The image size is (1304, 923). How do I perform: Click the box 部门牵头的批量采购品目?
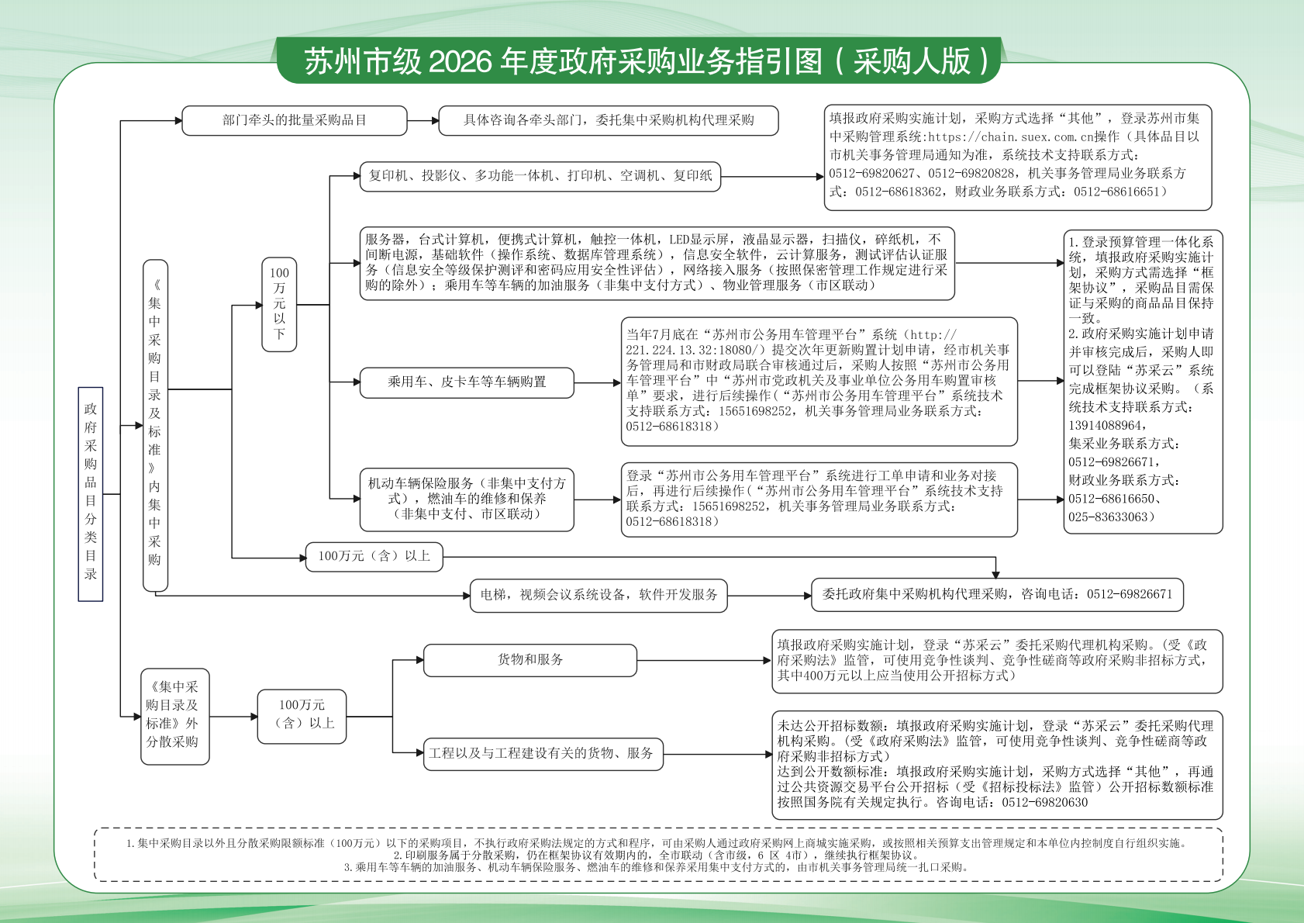295,120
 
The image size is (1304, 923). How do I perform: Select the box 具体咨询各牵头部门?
609,120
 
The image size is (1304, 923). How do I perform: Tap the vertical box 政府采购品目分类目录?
91,493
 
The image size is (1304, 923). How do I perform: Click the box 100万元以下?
279,304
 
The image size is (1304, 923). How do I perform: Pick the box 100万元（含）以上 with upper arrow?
374,556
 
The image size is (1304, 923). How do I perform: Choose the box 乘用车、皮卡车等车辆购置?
467,382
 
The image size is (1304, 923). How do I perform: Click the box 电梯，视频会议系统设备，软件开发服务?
599,595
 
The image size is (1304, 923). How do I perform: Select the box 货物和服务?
530,660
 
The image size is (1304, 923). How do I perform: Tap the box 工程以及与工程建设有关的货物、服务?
542,753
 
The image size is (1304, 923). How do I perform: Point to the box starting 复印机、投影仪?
540,176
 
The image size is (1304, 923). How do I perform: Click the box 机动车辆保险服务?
467,499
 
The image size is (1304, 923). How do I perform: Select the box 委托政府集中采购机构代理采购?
997,594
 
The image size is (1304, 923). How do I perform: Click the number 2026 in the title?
460,61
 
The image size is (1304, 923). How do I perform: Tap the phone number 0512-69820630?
1045,803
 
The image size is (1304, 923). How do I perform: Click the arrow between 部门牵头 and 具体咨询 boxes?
423,121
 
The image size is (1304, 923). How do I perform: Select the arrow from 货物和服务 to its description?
705,661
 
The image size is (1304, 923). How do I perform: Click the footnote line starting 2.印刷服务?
657,855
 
